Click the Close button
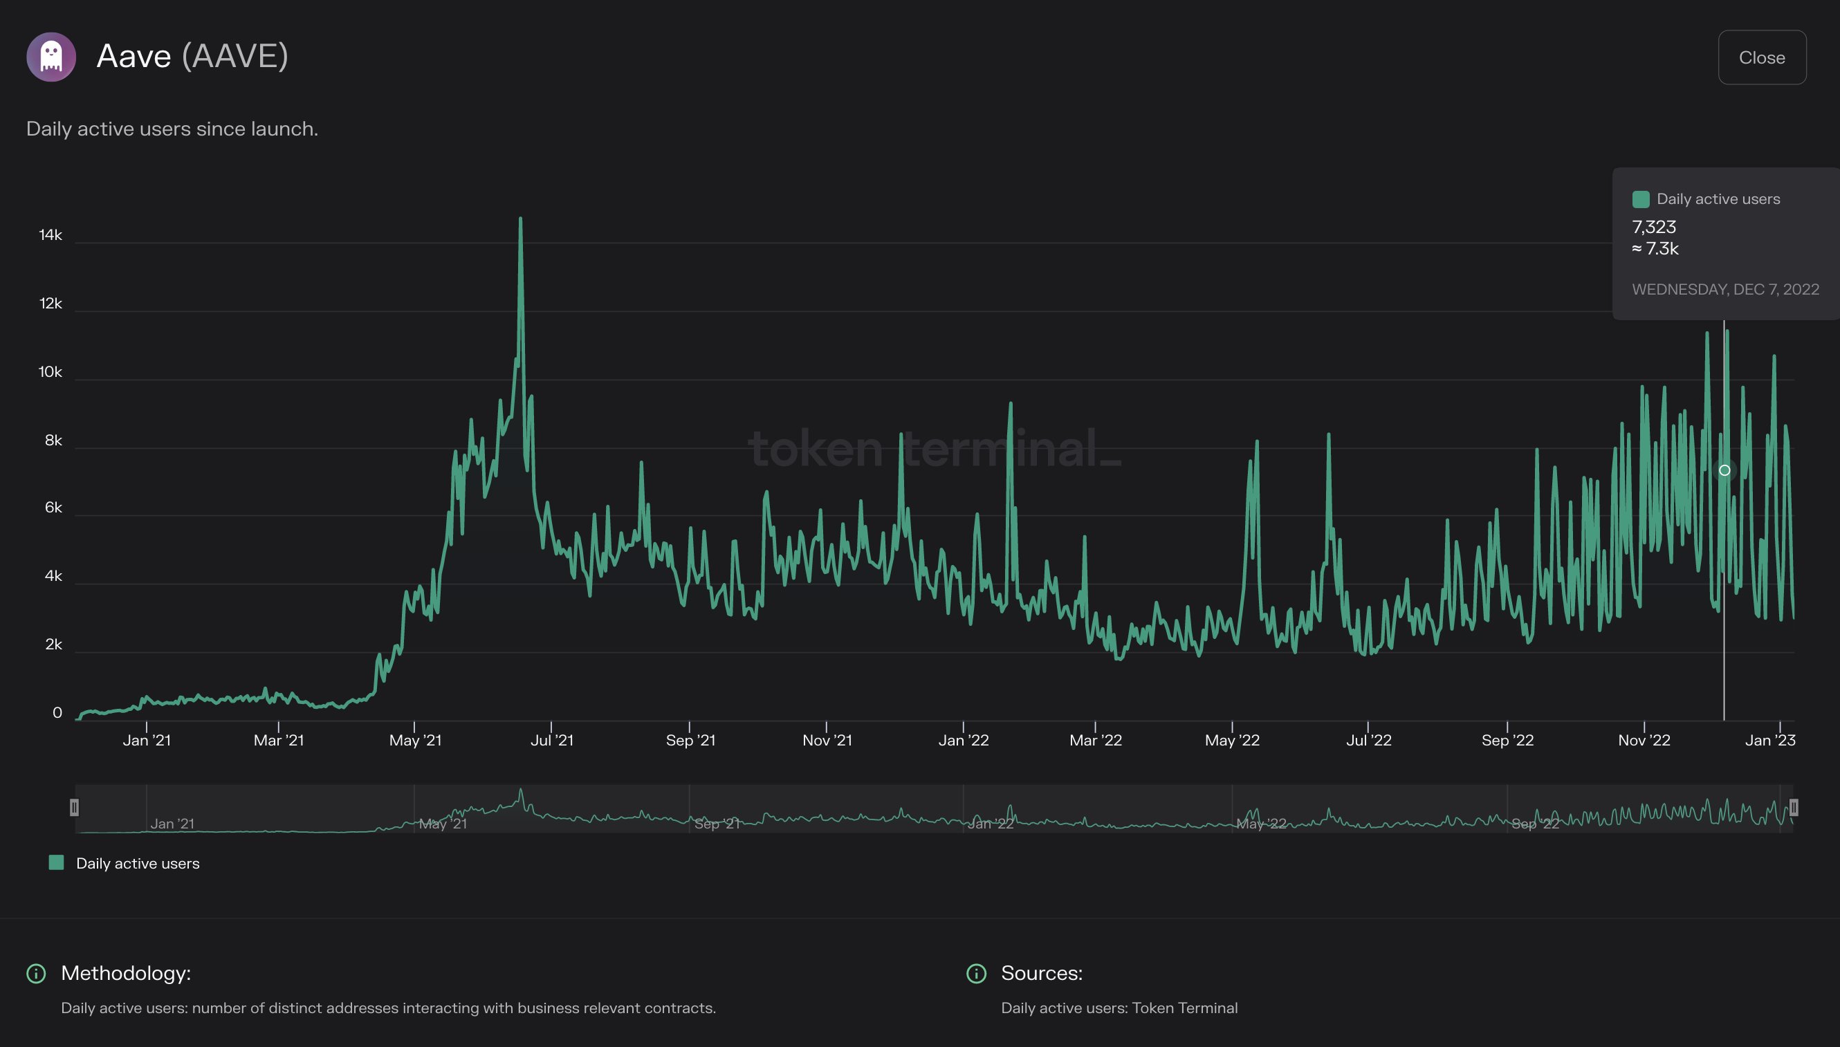1762,57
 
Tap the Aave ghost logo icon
51,57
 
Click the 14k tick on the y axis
50,235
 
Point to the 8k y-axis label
53,440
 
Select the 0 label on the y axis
57,712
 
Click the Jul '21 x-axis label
552,740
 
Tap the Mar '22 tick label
1095,740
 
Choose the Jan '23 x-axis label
1769,740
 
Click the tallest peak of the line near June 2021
520,219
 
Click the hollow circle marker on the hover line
1724,470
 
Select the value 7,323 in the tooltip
1654,228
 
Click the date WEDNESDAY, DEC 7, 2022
1725,289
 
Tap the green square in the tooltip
1641,199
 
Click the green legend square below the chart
56,862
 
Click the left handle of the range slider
74,808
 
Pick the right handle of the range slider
1793,808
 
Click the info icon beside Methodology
36,973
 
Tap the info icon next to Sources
976,973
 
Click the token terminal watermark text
934,448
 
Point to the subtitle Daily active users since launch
172,129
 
